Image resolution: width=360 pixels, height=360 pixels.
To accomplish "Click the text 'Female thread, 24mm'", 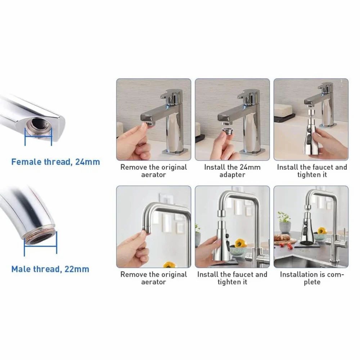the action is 55,162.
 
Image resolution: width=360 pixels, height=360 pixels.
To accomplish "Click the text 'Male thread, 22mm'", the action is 50,269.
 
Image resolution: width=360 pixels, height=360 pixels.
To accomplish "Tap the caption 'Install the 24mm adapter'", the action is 232,171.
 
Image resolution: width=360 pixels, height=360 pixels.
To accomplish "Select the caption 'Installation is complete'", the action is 312,278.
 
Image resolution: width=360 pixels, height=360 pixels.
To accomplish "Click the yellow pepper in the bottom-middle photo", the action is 240,243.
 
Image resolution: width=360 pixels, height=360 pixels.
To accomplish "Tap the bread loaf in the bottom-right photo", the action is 284,238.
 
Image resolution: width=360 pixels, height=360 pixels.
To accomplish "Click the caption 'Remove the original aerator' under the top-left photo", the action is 154,171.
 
